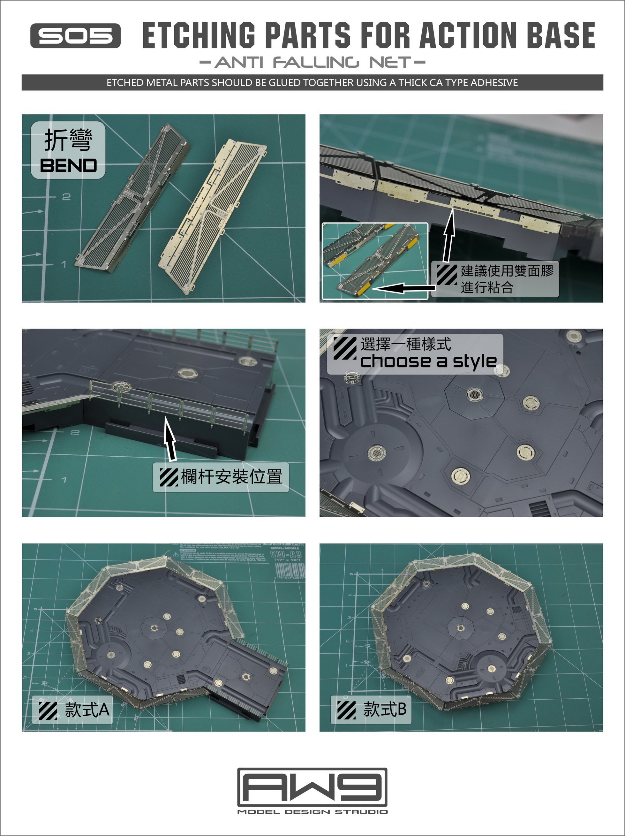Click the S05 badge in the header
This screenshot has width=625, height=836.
[75, 35]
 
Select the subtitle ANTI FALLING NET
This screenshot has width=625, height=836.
[312, 62]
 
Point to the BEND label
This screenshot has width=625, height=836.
[68, 165]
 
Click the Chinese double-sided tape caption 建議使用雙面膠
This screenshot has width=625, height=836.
[506, 271]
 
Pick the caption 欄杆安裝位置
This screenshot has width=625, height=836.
[232, 476]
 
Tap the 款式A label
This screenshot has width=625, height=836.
[87, 710]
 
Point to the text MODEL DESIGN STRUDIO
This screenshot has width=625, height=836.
[312, 812]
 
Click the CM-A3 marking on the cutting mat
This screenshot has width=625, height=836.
[286, 554]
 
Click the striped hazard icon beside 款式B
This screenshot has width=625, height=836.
[346, 710]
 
